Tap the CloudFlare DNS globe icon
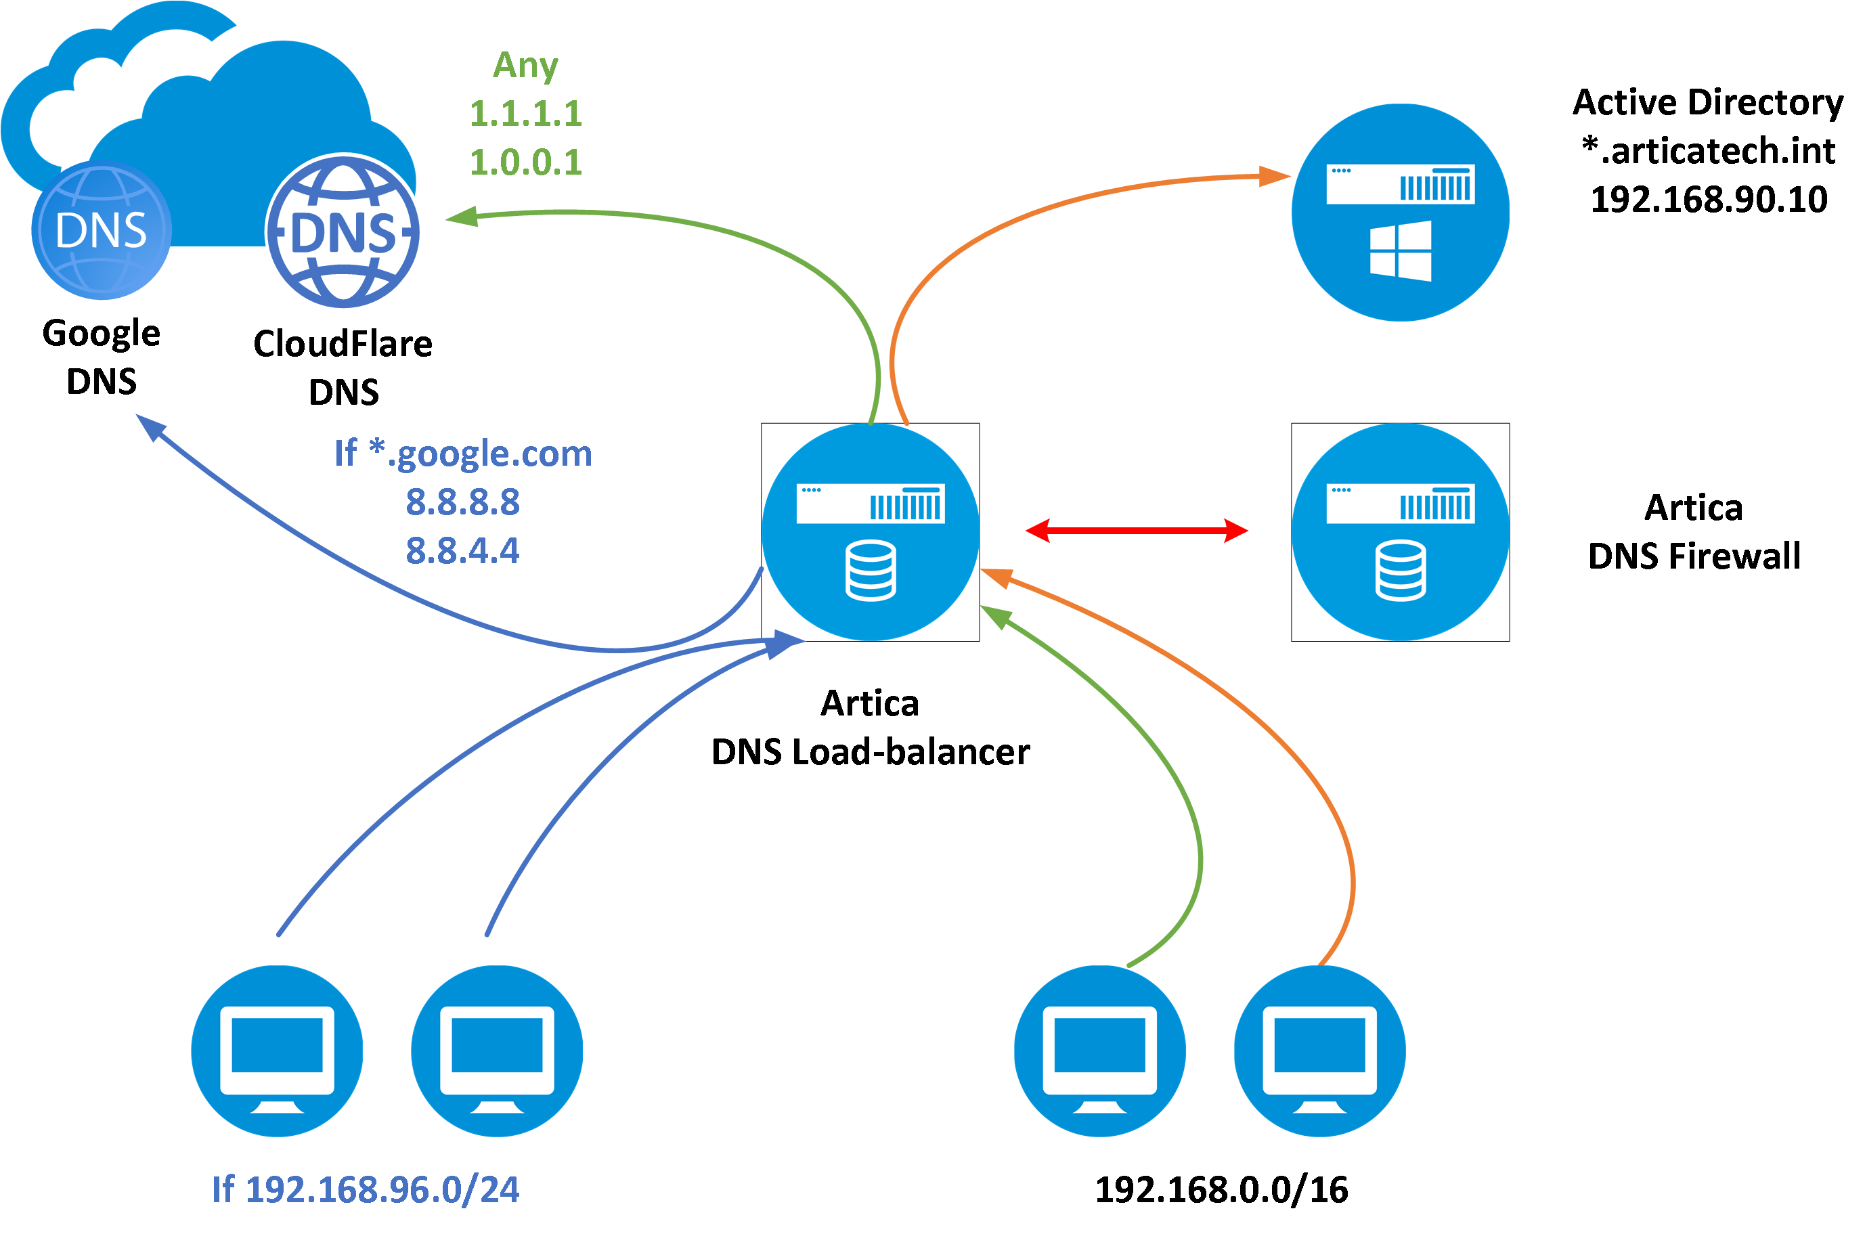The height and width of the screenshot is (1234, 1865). tap(343, 232)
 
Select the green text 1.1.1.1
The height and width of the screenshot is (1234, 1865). tap(526, 113)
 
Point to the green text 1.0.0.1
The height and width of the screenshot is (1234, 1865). tap(526, 162)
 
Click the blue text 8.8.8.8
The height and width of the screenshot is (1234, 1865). tap(463, 502)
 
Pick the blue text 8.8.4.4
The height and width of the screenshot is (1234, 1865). tap(463, 551)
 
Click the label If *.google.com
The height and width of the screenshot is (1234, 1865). tap(463, 454)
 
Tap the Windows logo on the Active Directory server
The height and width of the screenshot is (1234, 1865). tap(1400, 250)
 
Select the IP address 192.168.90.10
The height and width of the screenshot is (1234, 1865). tap(1709, 199)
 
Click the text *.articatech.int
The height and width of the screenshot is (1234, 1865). tap(1709, 150)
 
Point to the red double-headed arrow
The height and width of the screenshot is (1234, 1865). tap(1137, 531)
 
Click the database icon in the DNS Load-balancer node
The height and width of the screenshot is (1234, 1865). tap(871, 571)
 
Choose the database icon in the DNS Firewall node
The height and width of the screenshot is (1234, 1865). tap(1400, 571)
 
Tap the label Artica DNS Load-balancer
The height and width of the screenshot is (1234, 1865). tap(871, 728)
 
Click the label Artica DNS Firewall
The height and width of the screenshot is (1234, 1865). tap(1694, 532)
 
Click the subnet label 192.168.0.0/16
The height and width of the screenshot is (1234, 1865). tap(1221, 1189)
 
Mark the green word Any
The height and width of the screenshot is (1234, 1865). tap(526, 64)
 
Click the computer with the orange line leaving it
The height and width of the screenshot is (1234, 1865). tap(1319, 1051)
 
